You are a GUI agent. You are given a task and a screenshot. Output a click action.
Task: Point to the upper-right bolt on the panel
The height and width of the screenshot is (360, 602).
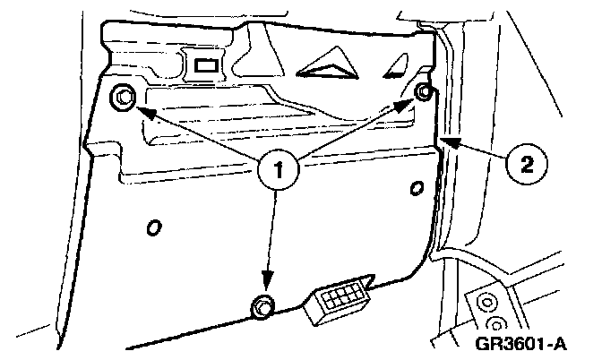click(425, 92)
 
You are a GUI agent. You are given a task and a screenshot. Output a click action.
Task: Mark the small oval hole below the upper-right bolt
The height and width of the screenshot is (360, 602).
click(415, 187)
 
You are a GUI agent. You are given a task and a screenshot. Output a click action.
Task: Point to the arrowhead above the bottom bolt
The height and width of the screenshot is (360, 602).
click(266, 280)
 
